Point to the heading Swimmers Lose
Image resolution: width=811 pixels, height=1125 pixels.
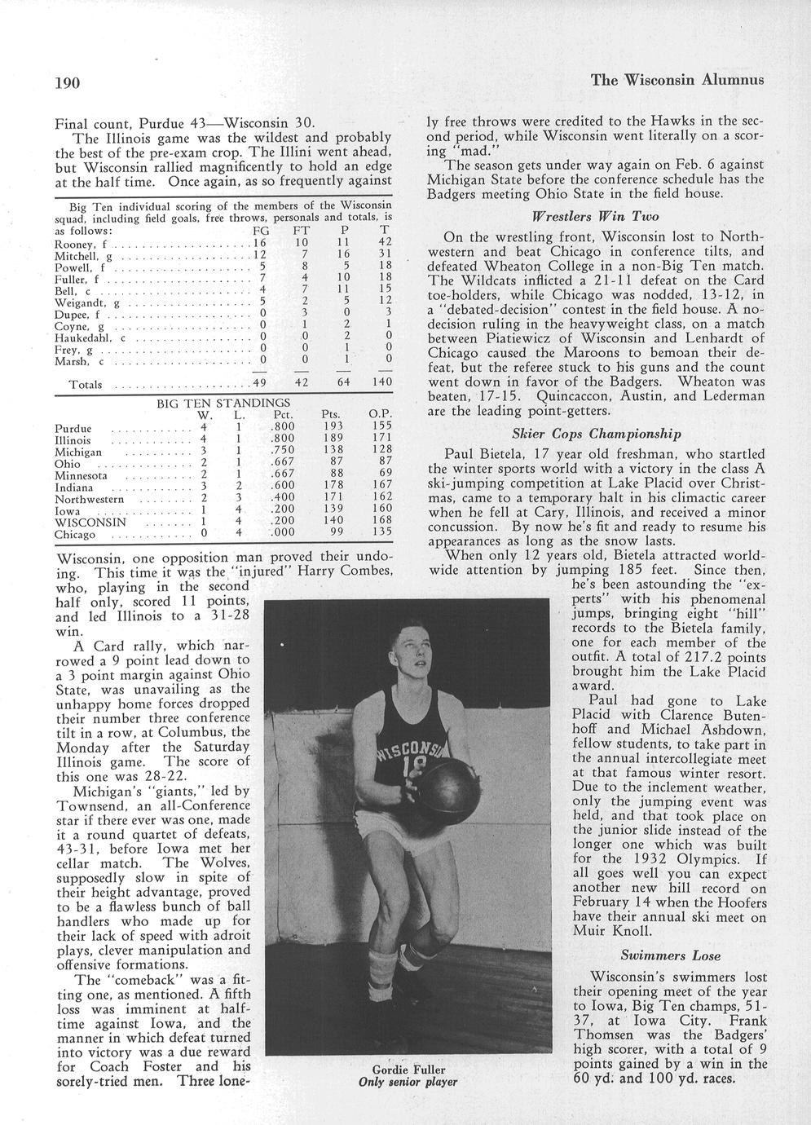(x=665, y=955)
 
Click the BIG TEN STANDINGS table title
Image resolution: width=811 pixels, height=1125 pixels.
(x=223, y=403)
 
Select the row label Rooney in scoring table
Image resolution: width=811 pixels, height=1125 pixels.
(x=72, y=244)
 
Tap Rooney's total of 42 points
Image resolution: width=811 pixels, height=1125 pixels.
(x=386, y=243)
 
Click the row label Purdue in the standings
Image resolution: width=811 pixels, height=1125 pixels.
(x=73, y=429)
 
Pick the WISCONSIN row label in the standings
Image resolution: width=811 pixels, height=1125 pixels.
(x=90, y=522)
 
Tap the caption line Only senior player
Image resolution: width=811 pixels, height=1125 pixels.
(x=408, y=1083)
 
